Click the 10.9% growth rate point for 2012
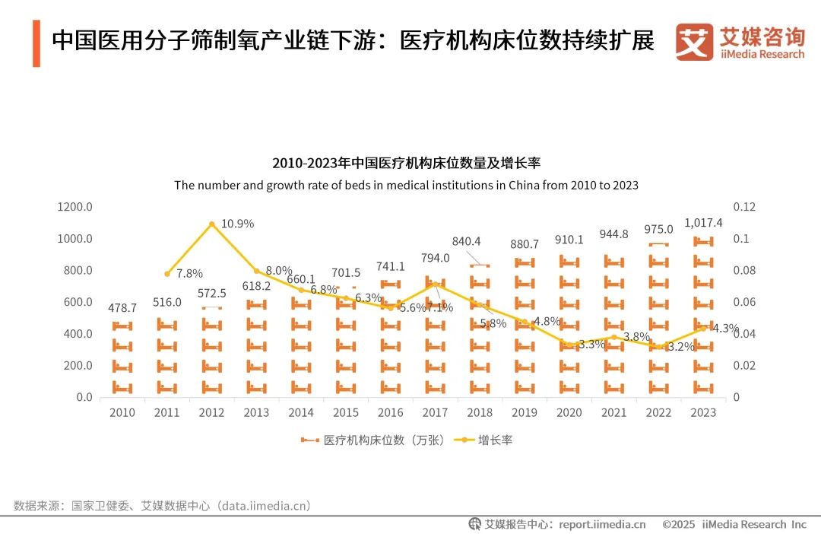coord(211,224)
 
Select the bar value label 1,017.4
coord(703,223)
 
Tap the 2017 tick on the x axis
coord(435,412)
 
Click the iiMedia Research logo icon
coord(694,42)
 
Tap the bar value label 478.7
coord(122,308)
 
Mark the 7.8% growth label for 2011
coord(190,273)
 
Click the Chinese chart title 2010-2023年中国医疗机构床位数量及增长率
coord(406,164)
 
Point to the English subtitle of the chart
coord(406,185)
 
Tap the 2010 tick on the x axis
coord(122,412)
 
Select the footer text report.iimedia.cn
coord(601,524)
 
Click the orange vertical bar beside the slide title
coord(36,43)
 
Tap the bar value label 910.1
coord(569,240)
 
